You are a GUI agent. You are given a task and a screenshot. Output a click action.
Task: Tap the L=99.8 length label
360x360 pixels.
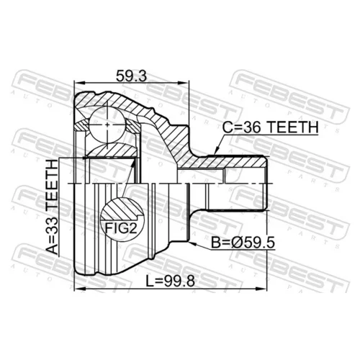click(171, 281)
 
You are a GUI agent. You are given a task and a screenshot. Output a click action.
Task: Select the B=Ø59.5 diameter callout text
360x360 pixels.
click(243, 243)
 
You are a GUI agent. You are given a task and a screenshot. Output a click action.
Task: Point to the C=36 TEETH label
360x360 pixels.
click(270, 127)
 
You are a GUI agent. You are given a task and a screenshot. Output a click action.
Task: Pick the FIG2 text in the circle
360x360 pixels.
click(121, 228)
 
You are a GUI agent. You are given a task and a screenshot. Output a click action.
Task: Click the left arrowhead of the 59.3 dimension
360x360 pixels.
click(79, 83)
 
